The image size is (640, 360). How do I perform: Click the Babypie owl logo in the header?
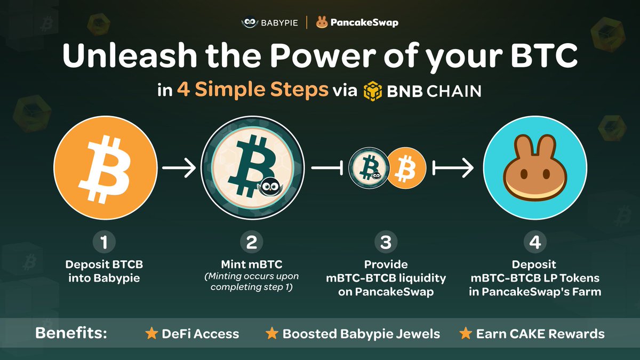[x=250, y=22]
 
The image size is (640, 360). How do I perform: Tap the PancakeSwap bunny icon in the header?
[x=322, y=22]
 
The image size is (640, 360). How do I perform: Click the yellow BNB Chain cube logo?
[x=373, y=91]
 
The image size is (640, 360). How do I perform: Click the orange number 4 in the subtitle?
[x=183, y=90]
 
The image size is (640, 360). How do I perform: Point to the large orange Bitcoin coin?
[x=106, y=167]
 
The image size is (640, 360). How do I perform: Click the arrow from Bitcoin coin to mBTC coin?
[x=179, y=168]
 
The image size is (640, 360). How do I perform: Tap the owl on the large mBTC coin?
[x=270, y=187]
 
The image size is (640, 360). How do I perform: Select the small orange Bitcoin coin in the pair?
[x=406, y=168]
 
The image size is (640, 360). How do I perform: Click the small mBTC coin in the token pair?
[x=369, y=168]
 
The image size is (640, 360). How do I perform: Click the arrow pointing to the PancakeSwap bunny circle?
[x=453, y=168]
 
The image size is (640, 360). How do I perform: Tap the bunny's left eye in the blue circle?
[x=524, y=174]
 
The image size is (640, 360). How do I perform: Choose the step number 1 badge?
[x=104, y=242]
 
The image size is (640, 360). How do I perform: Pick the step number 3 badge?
[x=386, y=242]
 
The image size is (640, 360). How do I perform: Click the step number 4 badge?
[x=535, y=242]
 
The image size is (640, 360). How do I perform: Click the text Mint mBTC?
[x=252, y=265]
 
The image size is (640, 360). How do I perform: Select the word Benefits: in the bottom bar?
[x=71, y=333]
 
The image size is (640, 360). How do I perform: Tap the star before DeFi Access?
[x=151, y=333]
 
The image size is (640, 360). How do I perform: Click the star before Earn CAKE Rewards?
[x=466, y=333]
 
